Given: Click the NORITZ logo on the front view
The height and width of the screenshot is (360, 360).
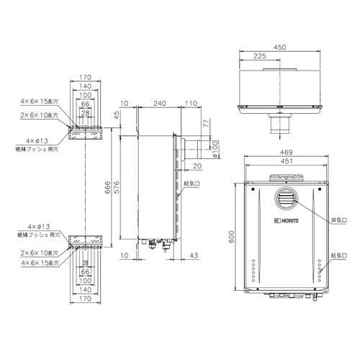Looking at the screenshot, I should (x=288, y=217).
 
